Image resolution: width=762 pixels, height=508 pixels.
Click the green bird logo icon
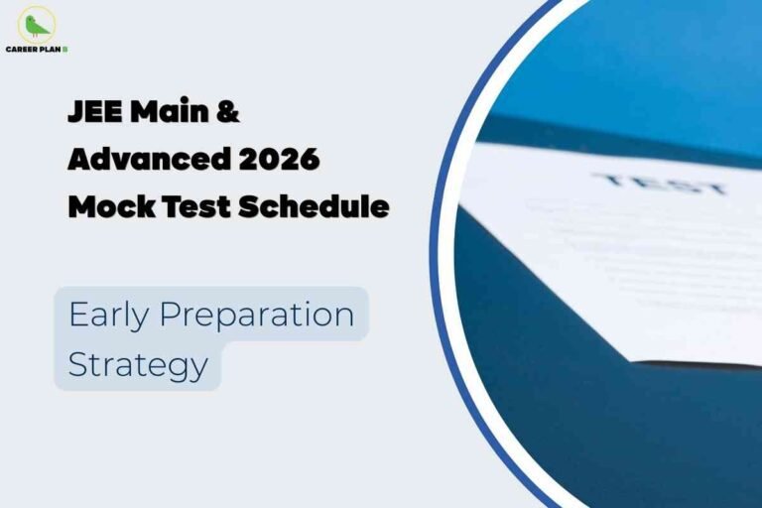coord(36,24)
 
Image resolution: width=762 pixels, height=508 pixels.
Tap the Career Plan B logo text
coord(36,48)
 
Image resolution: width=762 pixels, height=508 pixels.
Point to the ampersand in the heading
coord(228,112)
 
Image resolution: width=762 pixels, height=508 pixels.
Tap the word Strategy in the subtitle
coord(138,364)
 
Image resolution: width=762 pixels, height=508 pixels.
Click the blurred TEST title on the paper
coord(659,185)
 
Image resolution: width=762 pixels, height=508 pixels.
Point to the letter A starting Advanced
coord(78,160)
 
